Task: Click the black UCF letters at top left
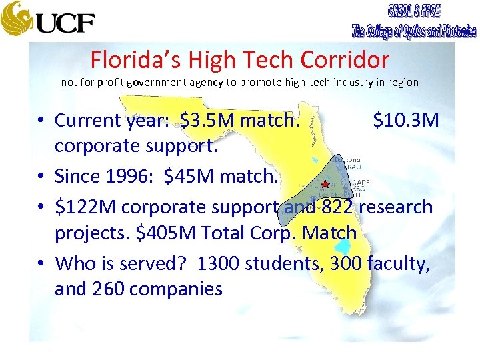65,23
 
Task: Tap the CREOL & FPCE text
413,11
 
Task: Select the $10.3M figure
405,121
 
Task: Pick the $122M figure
86,207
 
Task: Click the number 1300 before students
219,263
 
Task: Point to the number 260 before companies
109,289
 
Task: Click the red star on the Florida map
325,184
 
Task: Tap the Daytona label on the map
347,160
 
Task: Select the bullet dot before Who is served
41,264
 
